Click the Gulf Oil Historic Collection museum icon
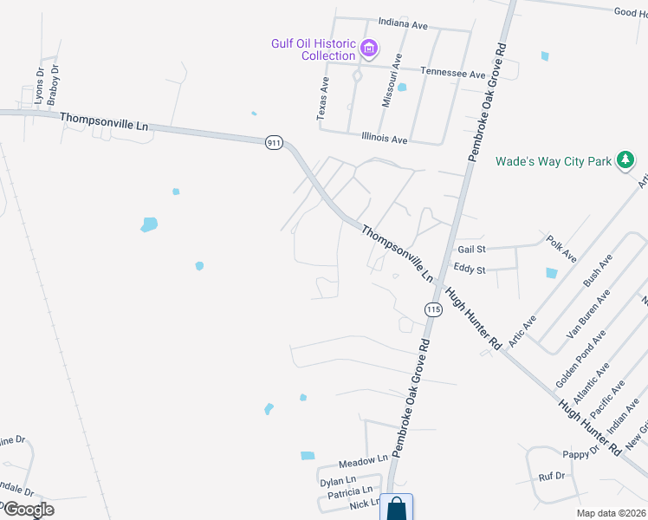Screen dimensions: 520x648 tap(369, 48)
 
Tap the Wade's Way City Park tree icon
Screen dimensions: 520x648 tap(624, 160)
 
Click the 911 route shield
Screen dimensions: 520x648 tap(274, 143)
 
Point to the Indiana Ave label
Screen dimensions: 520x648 tap(403, 25)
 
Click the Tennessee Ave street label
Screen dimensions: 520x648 tap(452, 74)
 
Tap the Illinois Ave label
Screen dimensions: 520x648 tap(384, 139)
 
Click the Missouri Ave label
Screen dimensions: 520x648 tap(392, 80)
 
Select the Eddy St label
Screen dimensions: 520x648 tap(469, 270)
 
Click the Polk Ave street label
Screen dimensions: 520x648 tap(561, 248)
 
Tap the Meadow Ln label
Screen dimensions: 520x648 tap(363, 459)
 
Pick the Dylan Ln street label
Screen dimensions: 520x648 tap(338, 481)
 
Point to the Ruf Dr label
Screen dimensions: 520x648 tap(551, 476)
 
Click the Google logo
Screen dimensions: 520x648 tap(28, 510)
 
